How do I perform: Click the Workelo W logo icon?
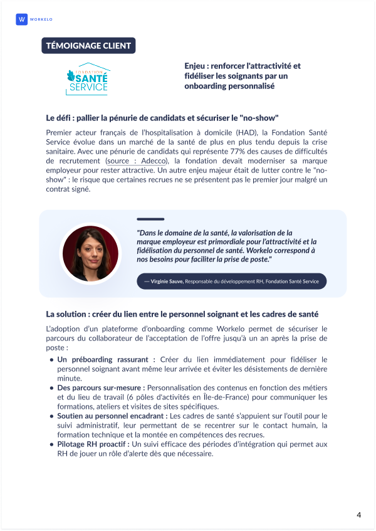[22, 19]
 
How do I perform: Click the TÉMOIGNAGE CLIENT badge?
[88, 46]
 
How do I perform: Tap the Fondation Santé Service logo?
[88, 78]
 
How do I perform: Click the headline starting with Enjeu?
[243, 76]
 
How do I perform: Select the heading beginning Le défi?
[162, 118]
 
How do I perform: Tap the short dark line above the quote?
[150, 219]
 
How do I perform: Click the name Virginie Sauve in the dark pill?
[167, 281]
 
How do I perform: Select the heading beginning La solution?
[182, 313]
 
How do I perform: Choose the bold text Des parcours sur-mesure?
[100, 388]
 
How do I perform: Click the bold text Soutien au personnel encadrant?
[112, 416]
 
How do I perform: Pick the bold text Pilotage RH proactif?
[93, 444]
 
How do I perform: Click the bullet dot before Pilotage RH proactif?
[51, 444]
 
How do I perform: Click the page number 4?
[359, 515]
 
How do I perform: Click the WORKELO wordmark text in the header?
[41, 19]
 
